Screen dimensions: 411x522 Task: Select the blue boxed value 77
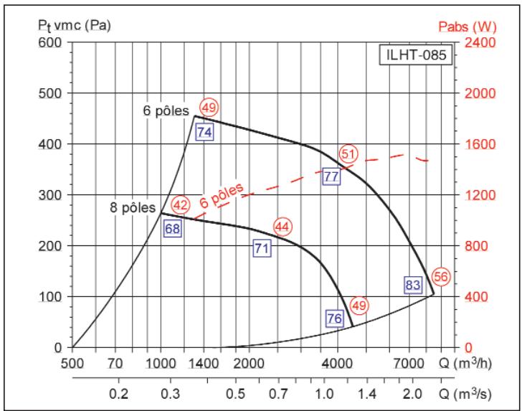pos(331,176)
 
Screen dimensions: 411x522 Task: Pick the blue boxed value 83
pos(412,285)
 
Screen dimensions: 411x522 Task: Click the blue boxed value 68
pos(172,230)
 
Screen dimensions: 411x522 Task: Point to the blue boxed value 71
pos(262,248)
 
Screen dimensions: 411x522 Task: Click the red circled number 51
pos(348,153)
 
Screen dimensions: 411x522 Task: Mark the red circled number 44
pos(283,227)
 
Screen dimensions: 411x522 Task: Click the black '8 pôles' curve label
pos(133,208)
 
